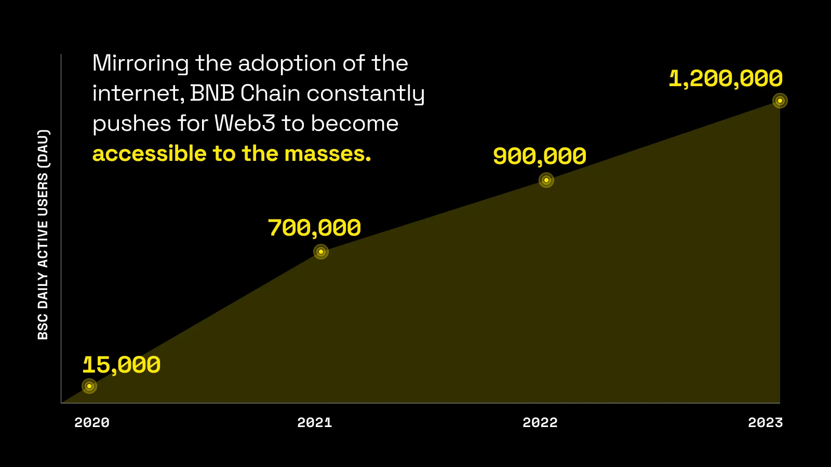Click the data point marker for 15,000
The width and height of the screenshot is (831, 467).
click(89, 386)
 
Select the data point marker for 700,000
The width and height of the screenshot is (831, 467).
click(321, 252)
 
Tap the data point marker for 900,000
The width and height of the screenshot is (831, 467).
click(546, 180)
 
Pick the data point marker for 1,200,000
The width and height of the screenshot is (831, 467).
click(780, 101)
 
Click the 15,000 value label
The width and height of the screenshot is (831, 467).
click(122, 365)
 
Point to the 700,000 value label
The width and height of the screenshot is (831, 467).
click(314, 228)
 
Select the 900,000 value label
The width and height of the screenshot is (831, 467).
click(539, 156)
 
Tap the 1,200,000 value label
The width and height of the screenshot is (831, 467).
click(726, 79)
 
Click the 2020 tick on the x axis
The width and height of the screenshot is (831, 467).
click(92, 422)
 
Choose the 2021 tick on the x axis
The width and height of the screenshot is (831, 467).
click(315, 422)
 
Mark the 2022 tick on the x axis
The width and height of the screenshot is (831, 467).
click(540, 422)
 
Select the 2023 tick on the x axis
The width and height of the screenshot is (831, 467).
click(765, 422)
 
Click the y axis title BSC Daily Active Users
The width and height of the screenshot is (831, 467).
click(43, 235)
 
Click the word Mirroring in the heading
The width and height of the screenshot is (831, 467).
click(140, 64)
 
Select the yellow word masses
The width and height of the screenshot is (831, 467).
click(327, 154)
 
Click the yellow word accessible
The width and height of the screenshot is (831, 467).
click(150, 154)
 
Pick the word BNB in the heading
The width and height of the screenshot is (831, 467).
click(212, 93)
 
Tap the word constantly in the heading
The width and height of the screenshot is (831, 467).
click(366, 94)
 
